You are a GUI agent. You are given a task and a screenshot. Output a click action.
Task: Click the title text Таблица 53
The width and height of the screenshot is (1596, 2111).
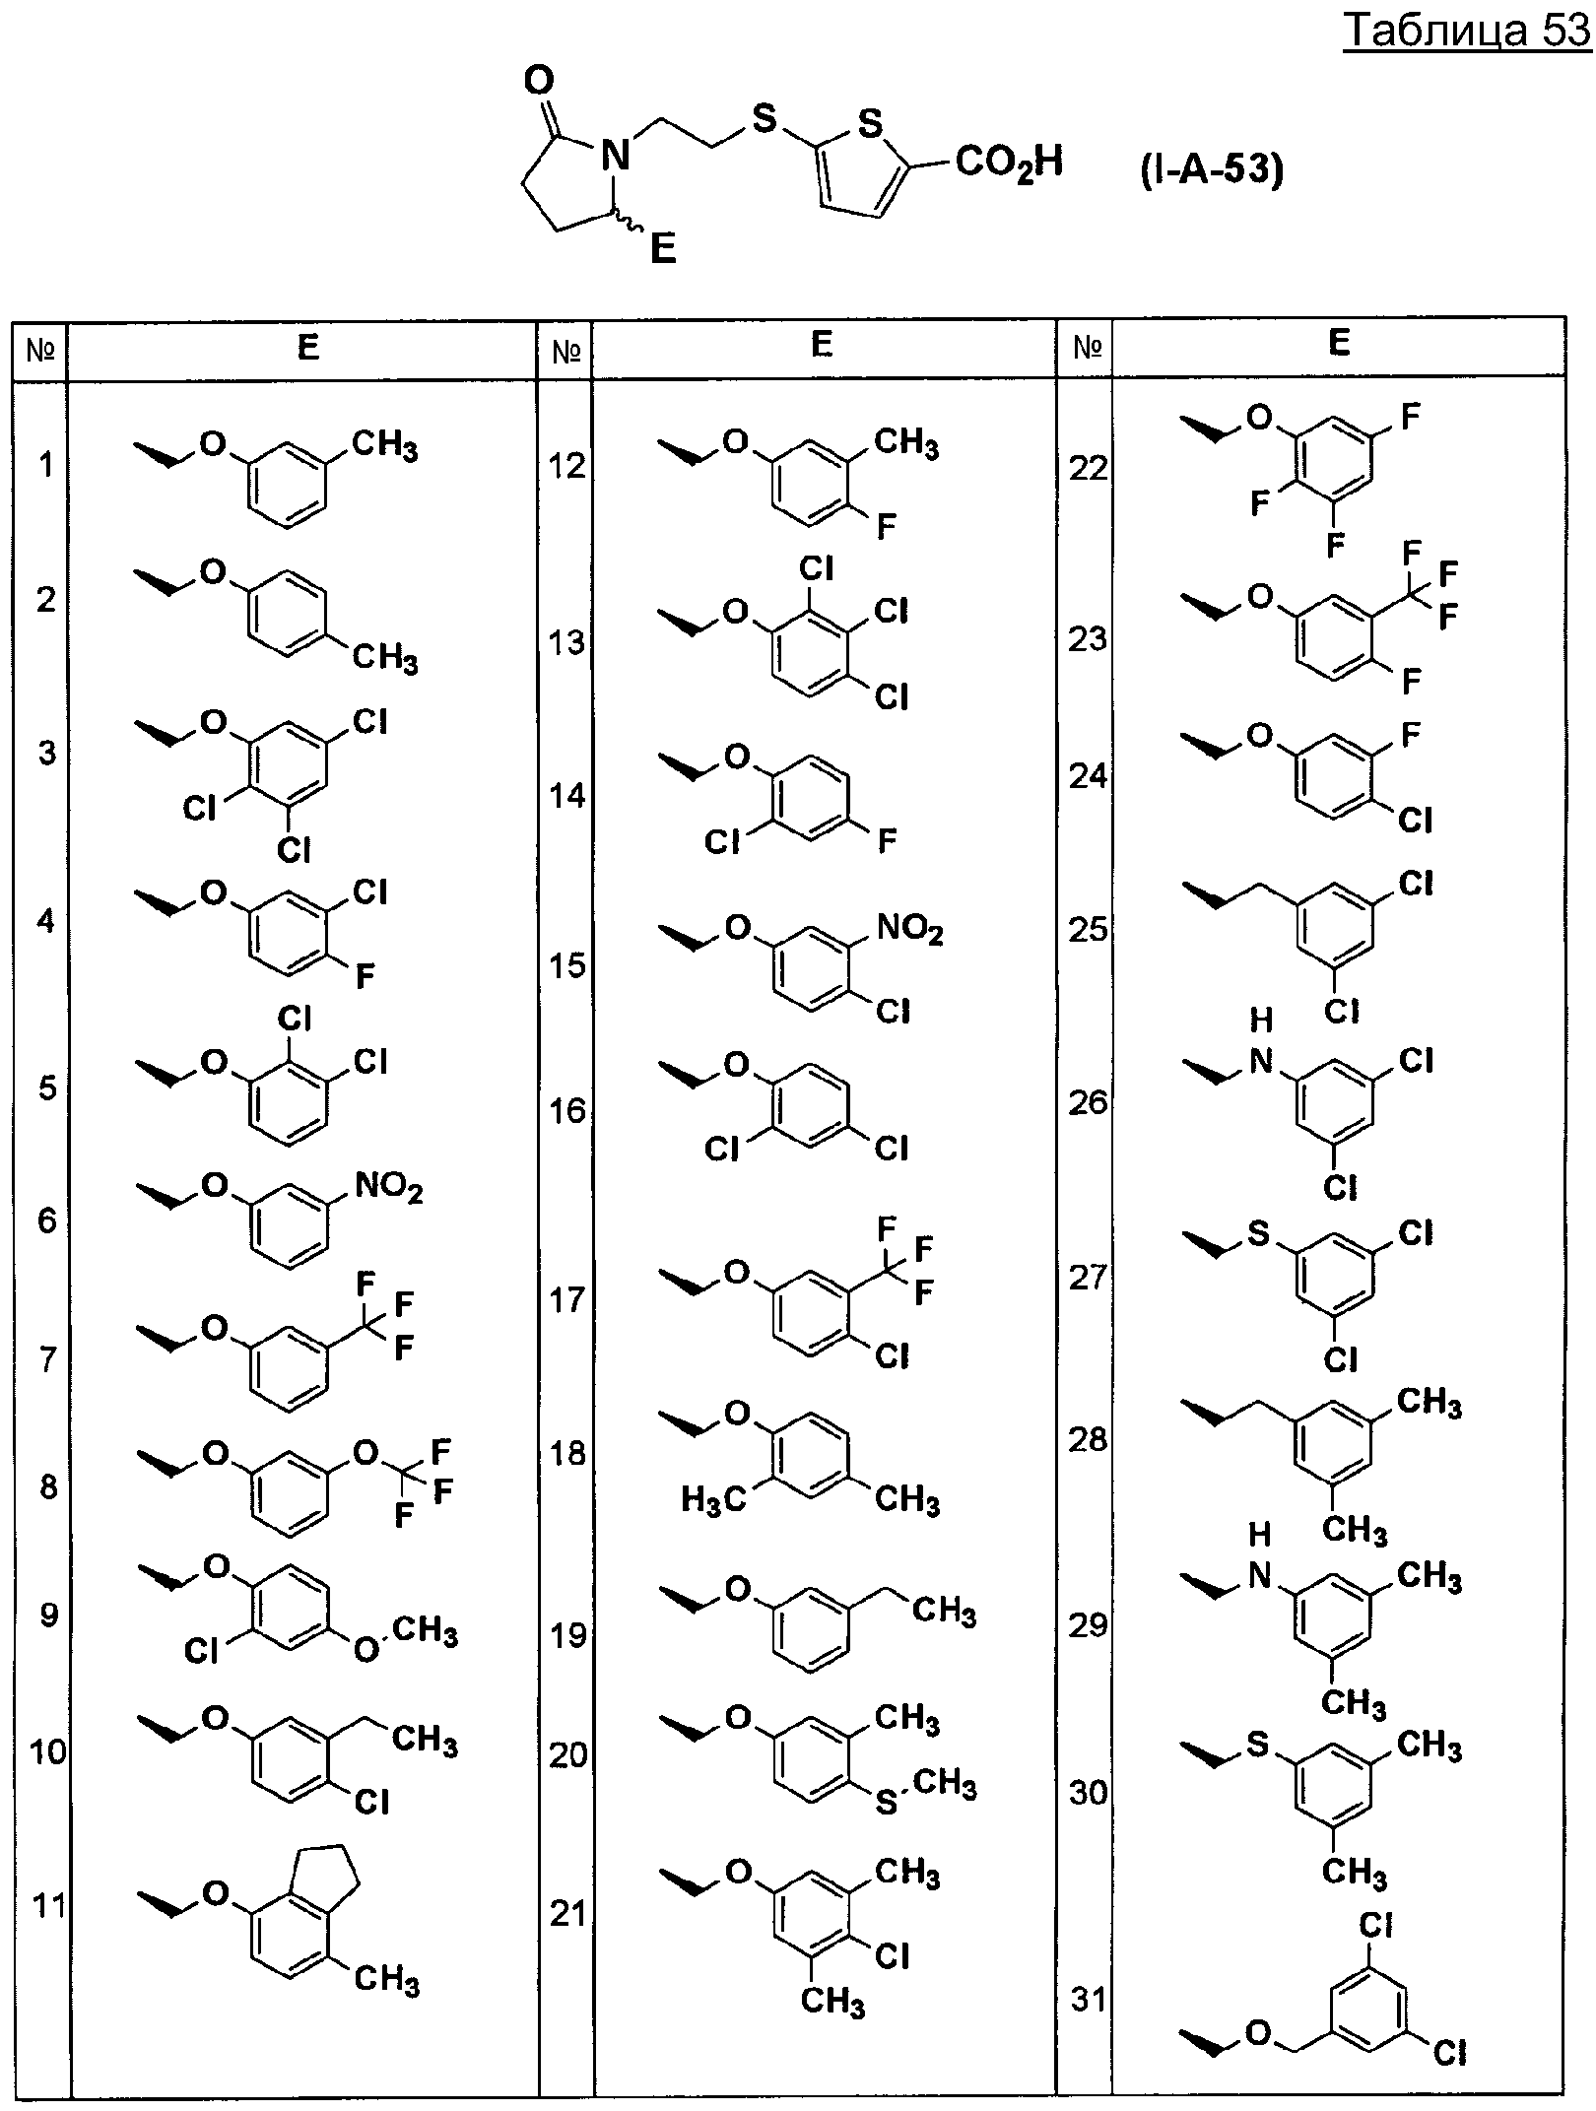click(x=1467, y=33)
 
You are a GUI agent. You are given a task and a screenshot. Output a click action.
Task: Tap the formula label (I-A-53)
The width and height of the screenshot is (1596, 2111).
click(x=1213, y=171)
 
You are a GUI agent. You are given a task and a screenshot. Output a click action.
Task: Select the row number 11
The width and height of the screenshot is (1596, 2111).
click(x=49, y=1905)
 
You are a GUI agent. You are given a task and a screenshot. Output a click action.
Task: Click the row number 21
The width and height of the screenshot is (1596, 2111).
click(x=567, y=1914)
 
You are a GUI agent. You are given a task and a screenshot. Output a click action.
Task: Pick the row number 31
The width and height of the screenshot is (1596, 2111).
click(x=1088, y=2000)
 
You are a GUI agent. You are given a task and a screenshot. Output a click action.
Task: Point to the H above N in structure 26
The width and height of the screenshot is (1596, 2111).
click(x=1262, y=1019)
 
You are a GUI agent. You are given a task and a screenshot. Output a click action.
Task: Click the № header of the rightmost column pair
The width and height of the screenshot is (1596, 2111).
click(x=1087, y=347)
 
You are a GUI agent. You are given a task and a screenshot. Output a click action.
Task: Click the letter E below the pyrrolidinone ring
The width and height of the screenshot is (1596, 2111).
click(x=663, y=249)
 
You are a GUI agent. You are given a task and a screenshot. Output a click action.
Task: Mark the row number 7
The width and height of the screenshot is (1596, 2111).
click(x=48, y=1360)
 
